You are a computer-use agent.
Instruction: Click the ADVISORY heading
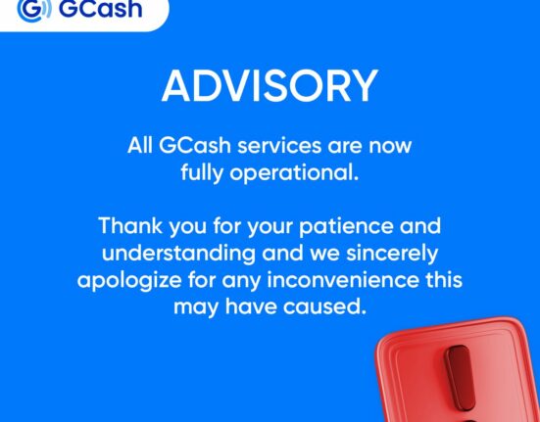(x=270, y=85)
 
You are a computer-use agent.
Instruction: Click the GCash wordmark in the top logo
(x=101, y=8)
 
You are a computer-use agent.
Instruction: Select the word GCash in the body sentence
(x=195, y=146)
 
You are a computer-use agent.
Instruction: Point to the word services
(x=279, y=146)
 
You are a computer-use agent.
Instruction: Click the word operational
(x=294, y=172)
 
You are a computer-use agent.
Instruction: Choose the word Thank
(x=130, y=226)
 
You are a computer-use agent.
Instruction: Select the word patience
(x=346, y=227)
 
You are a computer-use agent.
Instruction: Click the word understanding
(x=178, y=254)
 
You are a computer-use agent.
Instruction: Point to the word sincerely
(x=392, y=254)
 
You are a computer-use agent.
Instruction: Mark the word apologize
(x=129, y=281)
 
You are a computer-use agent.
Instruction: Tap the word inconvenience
(x=343, y=280)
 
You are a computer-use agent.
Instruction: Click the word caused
(x=324, y=306)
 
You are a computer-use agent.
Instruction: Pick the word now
(x=390, y=147)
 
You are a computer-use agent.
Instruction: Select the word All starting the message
(x=140, y=146)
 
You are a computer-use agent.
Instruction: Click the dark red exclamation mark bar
(x=460, y=378)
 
